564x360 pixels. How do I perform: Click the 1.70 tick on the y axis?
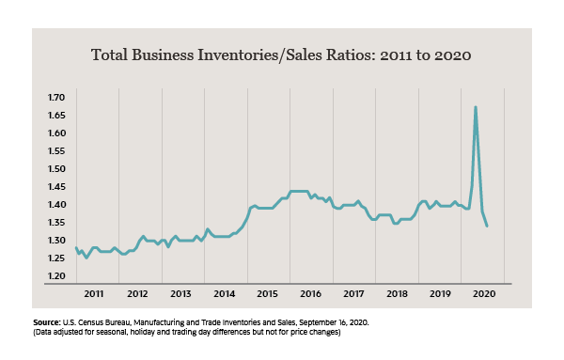(55, 98)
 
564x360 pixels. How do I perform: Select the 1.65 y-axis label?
(55, 116)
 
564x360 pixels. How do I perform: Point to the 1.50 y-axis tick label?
(55, 169)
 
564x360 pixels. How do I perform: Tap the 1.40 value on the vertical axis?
(55, 205)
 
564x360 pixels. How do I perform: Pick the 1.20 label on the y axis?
(55, 276)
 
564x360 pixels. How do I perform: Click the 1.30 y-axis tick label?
(55, 241)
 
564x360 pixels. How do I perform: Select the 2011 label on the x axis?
(94, 294)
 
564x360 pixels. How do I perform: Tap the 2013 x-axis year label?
(180, 294)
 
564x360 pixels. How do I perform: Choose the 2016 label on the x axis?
(310, 294)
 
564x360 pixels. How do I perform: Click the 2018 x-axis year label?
(397, 294)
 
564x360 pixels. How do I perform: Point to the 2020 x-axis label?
(483, 294)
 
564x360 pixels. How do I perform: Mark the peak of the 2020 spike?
(476, 107)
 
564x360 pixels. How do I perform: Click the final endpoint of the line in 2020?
(487, 226)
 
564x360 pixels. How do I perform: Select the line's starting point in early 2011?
(76, 248)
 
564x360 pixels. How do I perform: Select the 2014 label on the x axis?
(224, 294)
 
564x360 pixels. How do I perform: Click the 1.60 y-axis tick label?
(55, 133)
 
